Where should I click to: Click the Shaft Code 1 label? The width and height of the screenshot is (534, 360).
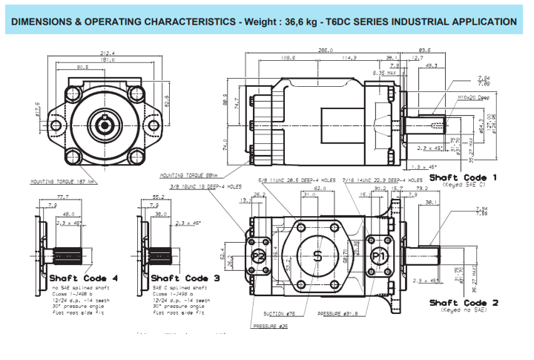[463, 178]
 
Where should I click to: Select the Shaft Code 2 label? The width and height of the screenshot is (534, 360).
[463, 303]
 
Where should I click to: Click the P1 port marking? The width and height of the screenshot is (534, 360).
[380, 255]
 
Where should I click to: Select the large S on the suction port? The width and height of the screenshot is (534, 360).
[317, 256]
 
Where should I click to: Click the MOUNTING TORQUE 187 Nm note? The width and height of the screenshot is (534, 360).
[62, 180]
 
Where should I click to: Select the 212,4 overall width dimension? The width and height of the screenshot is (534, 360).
[108, 53]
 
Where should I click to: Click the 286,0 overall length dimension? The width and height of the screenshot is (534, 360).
[324, 50]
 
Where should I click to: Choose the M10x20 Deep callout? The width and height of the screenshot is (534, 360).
[474, 96]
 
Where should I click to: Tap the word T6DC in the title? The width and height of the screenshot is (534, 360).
[334, 22]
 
